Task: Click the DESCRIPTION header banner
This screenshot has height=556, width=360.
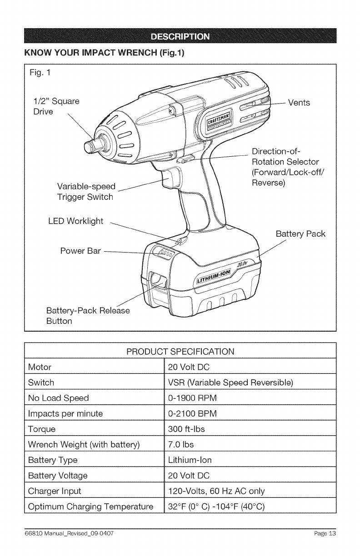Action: click(x=180, y=36)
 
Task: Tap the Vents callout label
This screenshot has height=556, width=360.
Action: click(x=299, y=103)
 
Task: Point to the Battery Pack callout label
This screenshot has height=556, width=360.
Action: click(x=300, y=235)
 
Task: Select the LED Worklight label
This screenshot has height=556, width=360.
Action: click(x=76, y=221)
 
